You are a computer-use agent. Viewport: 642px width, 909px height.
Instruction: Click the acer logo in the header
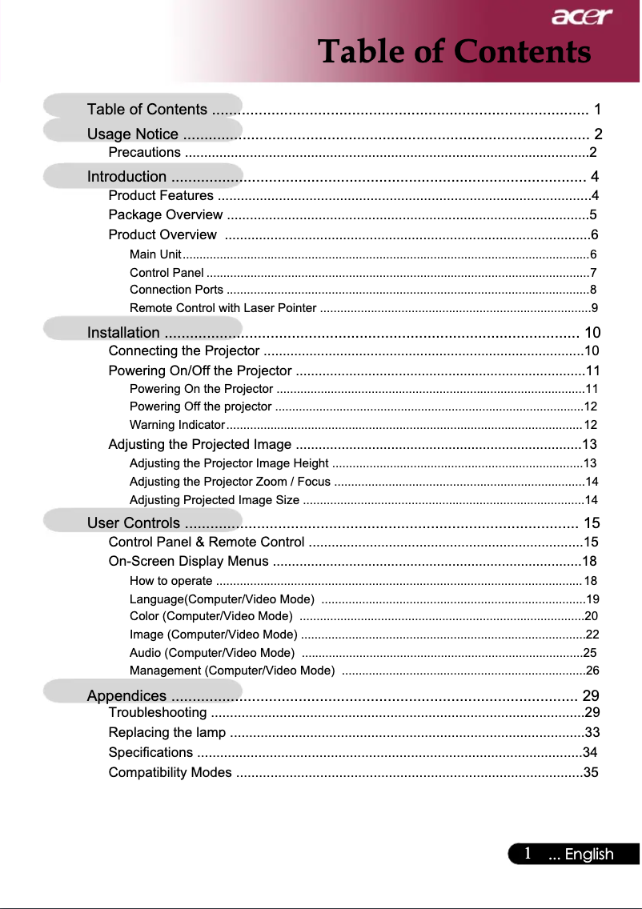click(x=580, y=16)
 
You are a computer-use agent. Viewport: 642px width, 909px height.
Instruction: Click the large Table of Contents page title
click(x=454, y=52)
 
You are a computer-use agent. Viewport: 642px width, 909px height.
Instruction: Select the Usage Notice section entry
click(x=133, y=134)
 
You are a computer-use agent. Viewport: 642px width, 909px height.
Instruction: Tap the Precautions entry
click(x=144, y=153)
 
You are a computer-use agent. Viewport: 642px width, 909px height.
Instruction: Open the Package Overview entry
click(x=165, y=214)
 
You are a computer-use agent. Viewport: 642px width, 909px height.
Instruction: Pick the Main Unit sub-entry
click(x=154, y=254)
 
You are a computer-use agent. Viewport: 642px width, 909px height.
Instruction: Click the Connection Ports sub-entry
click(x=176, y=290)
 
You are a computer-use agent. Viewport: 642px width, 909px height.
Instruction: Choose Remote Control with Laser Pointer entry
click(x=223, y=308)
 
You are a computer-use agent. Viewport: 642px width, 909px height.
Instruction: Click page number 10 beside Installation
click(x=592, y=333)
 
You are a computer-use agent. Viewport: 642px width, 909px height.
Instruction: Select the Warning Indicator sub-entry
click(x=178, y=424)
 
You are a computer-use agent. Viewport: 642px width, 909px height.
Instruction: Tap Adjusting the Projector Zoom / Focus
click(x=230, y=482)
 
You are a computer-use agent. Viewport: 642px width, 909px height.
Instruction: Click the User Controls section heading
click(x=133, y=524)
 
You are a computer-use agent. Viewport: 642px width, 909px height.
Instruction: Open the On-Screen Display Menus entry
click(x=188, y=561)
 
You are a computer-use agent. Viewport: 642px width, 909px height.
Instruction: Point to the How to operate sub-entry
click(x=171, y=581)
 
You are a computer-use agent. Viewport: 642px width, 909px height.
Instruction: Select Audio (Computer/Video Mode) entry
click(x=211, y=652)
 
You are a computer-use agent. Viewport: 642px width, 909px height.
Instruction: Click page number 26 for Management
click(x=592, y=671)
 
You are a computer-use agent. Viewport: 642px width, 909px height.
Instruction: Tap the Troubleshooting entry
click(x=157, y=713)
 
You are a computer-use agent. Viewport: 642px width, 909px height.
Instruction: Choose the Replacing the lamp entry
click(x=167, y=733)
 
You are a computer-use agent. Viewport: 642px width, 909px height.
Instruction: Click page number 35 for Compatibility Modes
click(x=591, y=773)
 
